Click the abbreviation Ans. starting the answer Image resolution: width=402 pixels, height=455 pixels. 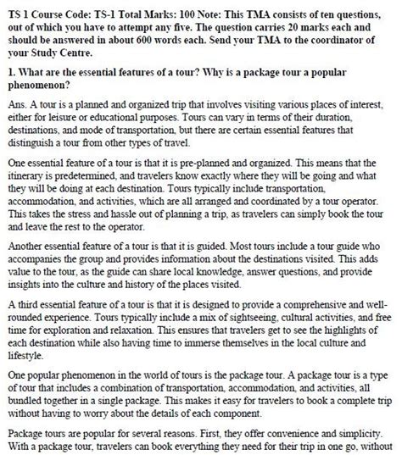click(x=20, y=104)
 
